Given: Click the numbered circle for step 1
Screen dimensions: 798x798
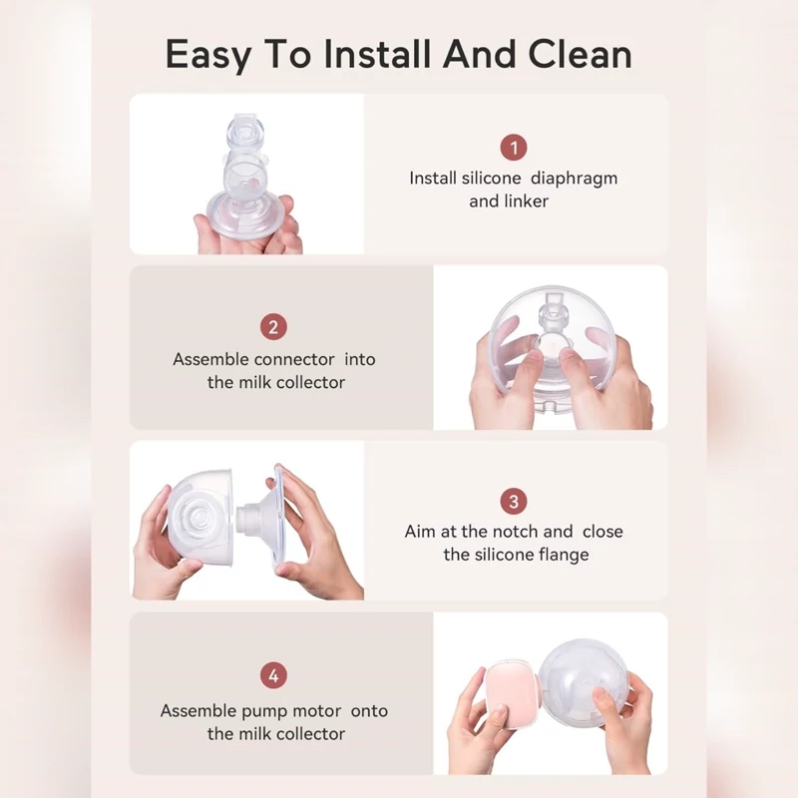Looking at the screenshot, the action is pyautogui.click(x=514, y=147).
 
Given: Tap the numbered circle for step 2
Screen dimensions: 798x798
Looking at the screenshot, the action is pyautogui.click(x=273, y=327).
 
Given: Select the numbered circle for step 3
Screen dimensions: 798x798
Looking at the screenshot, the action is pyautogui.click(x=514, y=502).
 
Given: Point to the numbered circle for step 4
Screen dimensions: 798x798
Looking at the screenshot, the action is pyautogui.click(x=273, y=675).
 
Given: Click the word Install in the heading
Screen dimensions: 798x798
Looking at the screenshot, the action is pyautogui.click(x=377, y=54).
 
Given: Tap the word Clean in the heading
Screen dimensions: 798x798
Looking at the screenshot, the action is pyautogui.click(x=581, y=54).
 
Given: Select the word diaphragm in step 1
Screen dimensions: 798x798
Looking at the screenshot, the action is pyautogui.click(x=575, y=180).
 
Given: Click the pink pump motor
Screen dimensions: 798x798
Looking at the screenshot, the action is pyautogui.click(x=512, y=693).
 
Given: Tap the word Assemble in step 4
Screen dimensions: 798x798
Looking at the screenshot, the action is pyautogui.click(x=198, y=711).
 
